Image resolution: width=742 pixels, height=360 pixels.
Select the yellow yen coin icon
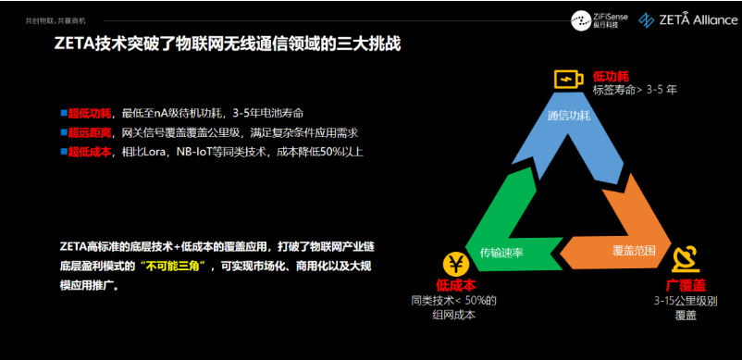456,265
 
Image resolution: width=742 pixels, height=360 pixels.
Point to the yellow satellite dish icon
686,260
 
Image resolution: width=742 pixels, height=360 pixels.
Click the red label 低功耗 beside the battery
611,77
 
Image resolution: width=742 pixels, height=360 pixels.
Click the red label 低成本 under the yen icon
456,285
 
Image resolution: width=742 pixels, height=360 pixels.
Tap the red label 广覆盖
686,285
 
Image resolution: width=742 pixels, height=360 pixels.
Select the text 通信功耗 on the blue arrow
568,116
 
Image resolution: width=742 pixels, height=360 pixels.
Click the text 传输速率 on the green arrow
501,253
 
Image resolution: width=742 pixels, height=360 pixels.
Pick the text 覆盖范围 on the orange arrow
634,251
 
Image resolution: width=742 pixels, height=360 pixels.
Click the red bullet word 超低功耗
90,114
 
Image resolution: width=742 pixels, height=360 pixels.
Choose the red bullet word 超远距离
90,133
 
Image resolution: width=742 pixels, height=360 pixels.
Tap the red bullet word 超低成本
90,153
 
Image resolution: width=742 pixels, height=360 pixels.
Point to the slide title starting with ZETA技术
228,44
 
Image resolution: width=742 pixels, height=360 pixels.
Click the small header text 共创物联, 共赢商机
56,21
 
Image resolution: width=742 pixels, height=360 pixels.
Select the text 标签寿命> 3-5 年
635,90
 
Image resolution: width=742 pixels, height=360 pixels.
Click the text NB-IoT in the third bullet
194,153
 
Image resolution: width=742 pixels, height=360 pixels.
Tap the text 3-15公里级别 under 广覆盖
686,301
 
